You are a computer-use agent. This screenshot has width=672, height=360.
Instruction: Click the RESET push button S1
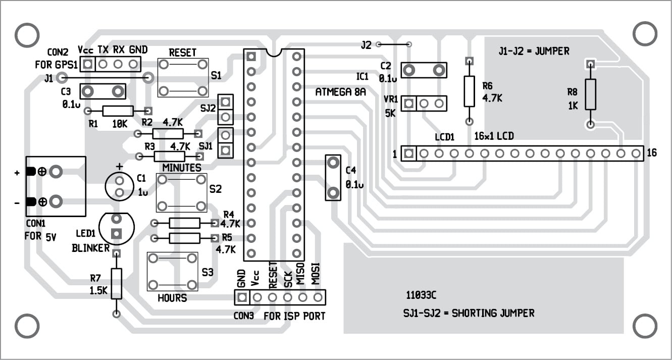coord(183,77)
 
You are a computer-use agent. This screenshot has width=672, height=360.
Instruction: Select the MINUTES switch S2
coord(181,193)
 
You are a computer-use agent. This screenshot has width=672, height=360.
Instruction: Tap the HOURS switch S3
coord(172,271)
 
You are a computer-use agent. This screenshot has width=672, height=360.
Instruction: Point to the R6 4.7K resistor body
coord(469,91)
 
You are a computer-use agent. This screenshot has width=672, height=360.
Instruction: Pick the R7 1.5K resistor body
coord(117,284)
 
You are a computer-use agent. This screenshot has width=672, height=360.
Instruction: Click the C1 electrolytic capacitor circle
coord(120,186)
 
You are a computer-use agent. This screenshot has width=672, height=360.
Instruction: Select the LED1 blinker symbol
coord(117,228)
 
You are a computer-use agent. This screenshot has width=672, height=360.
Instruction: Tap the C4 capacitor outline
coord(333,178)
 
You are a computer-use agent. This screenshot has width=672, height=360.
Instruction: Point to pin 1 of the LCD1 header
coord(409,153)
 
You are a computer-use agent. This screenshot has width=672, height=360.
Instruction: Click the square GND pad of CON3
coord(242,297)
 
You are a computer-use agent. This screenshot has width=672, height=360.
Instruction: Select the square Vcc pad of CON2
coord(88,64)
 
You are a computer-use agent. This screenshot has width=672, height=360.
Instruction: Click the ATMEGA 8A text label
coord(340,92)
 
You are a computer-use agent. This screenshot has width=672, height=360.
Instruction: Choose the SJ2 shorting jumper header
coord(226,110)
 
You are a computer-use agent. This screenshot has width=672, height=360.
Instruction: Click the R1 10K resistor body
coord(118,111)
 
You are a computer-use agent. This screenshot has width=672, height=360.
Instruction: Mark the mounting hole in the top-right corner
coord(644,34)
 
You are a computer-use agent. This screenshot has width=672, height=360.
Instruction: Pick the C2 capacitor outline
coord(424,70)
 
